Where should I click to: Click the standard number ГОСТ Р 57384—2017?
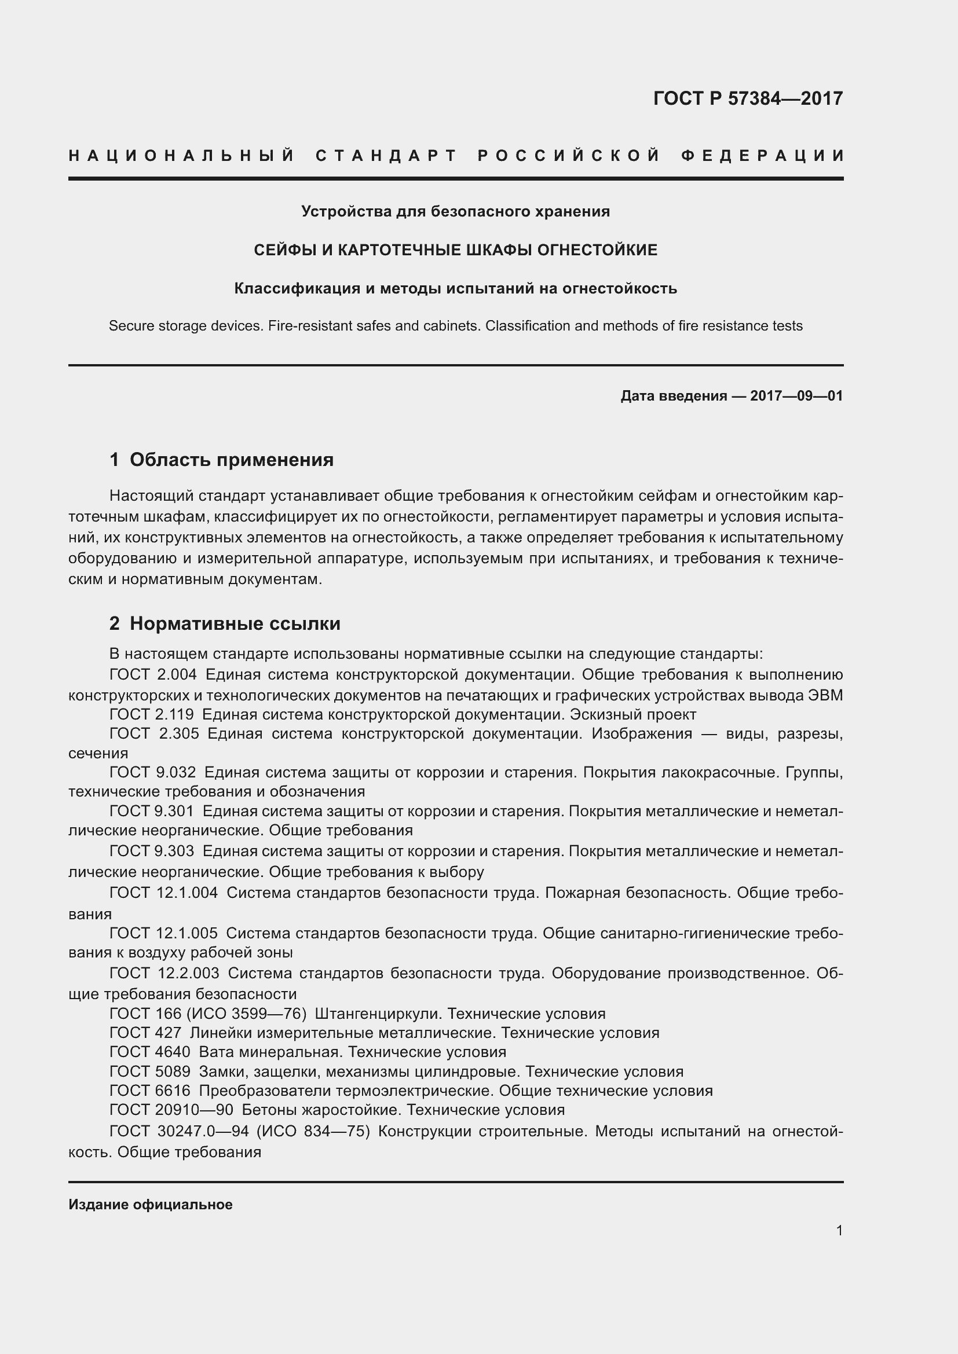pos(747,98)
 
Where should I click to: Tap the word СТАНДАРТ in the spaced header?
pos(386,156)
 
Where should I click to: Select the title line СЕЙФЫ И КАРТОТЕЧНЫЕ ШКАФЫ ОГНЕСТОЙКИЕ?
pos(455,250)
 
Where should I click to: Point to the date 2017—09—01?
pos(796,396)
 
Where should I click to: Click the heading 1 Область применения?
pos(221,460)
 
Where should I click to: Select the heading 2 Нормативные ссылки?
pos(225,623)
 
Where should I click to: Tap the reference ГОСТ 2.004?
pos(153,674)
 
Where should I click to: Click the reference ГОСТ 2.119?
pos(152,714)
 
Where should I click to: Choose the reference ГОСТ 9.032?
pos(153,772)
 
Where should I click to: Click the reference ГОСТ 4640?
pos(150,1052)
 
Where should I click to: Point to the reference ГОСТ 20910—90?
pos(171,1110)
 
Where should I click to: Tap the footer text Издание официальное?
pos(151,1204)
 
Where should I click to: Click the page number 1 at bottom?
pos(839,1231)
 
